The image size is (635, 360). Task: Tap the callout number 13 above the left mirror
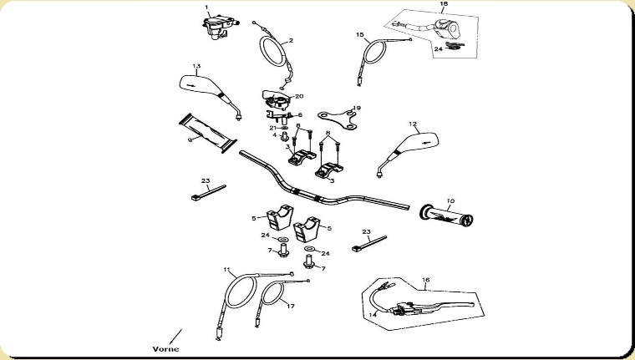[x=196, y=66]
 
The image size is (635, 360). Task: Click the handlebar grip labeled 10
[x=447, y=215]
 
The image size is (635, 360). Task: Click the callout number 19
[x=357, y=108]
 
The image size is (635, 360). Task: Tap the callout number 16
[x=425, y=281]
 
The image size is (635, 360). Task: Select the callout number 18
[x=444, y=6]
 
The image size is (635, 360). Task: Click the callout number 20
[x=299, y=96]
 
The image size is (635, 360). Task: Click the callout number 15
[x=359, y=35]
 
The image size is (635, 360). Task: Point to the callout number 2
[x=291, y=41]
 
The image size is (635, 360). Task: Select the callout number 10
[x=450, y=200]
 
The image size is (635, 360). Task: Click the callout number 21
[x=272, y=127]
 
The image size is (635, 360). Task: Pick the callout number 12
[x=413, y=124]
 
